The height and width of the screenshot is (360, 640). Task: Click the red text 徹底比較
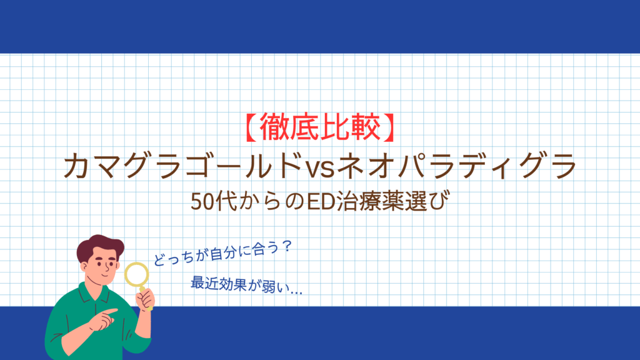pos(320,127)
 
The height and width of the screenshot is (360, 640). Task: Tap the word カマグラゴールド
pos(181,165)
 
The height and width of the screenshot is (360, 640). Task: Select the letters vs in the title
pos(320,167)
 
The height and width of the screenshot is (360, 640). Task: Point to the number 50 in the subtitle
pos(202,202)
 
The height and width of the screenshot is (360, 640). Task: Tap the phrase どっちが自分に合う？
pos(223,253)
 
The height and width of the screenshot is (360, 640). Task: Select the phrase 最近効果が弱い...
pos(239,284)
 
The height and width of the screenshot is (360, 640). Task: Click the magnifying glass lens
pos(136,274)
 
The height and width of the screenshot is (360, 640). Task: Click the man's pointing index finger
pos(109,312)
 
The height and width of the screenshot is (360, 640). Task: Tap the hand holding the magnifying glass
pos(146,299)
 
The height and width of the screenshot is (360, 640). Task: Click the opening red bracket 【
pos(251,127)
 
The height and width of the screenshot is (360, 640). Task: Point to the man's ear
pos(84,267)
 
